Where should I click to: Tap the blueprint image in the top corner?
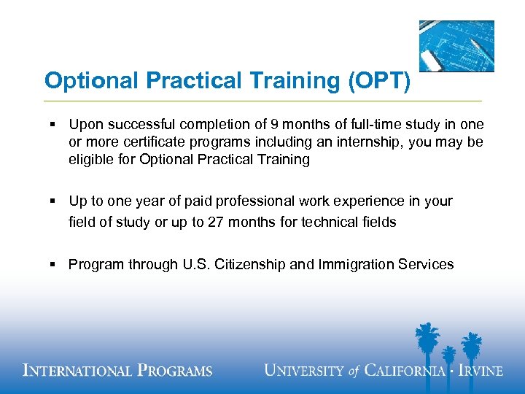[456, 45]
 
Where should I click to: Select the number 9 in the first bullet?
[274, 125]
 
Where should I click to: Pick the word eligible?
[90, 160]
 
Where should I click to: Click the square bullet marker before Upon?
[54, 125]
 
